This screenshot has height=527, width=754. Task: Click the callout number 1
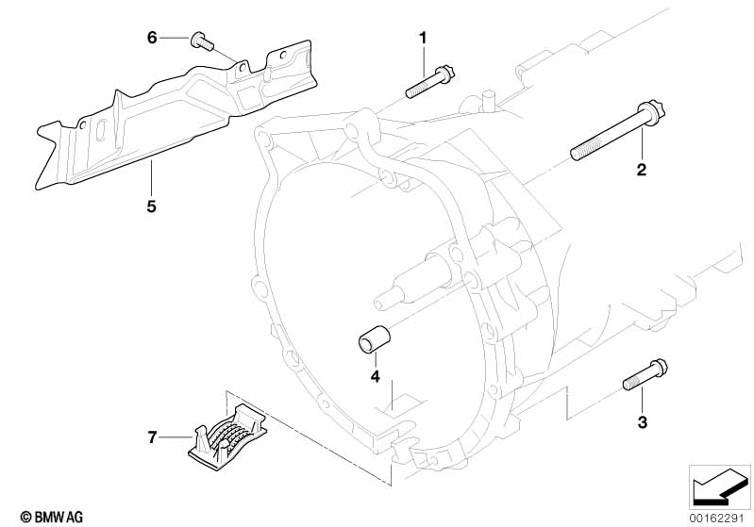(423, 38)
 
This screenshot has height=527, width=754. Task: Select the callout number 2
(642, 169)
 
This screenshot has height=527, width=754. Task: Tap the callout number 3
(643, 422)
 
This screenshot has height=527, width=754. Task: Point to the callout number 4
(375, 376)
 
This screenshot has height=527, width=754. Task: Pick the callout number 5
(152, 206)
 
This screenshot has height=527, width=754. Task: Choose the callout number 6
(152, 38)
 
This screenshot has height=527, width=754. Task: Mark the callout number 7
(152, 437)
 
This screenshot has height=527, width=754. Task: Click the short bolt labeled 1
(430, 82)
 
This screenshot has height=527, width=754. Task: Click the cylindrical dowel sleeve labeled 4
(374, 339)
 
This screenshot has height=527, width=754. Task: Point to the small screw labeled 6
(203, 41)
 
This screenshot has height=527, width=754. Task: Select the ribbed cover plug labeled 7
(227, 436)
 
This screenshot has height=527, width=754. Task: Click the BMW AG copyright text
(52, 517)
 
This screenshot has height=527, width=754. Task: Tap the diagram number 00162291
(719, 519)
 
